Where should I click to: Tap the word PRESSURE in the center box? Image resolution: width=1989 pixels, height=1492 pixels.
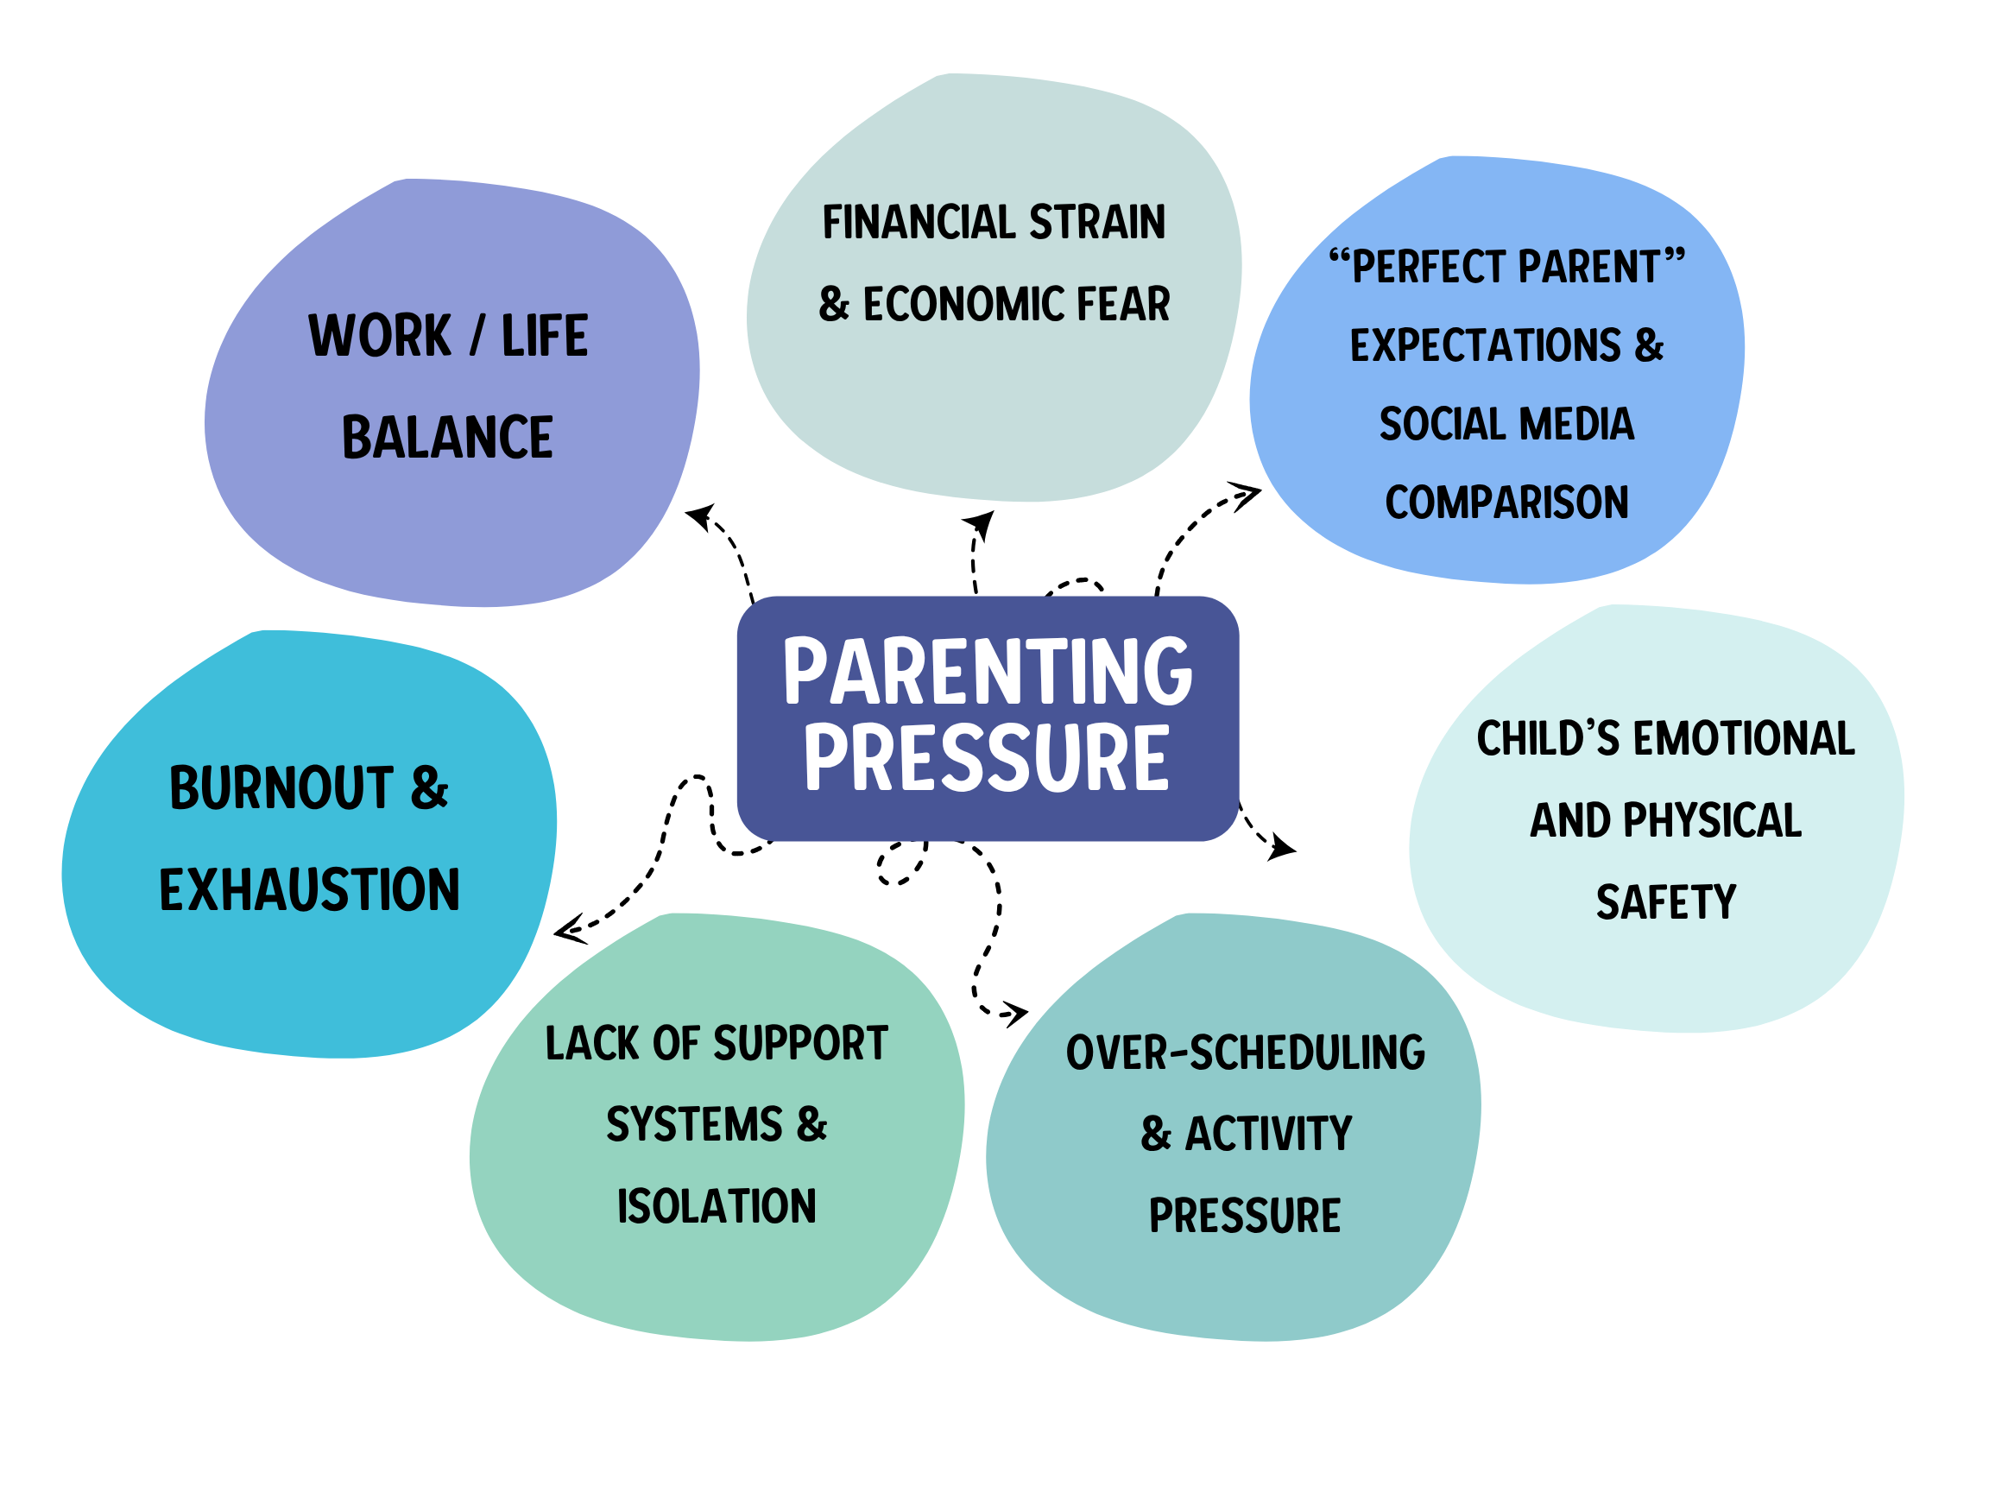click(x=988, y=757)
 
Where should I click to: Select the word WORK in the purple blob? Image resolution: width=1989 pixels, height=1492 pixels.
click(x=380, y=336)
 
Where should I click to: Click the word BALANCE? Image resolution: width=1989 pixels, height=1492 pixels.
click(x=447, y=437)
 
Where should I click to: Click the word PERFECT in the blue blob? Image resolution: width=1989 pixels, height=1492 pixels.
click(x=1429, y=267)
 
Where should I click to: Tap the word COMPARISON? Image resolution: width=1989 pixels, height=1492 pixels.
click(x=1506, y=502)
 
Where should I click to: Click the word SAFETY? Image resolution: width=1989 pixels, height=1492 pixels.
click(x=1665, y=902)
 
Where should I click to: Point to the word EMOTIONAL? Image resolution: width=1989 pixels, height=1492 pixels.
click(x=1744, y=738)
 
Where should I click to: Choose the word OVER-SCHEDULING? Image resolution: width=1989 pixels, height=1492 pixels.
click(x=1246, y=1053)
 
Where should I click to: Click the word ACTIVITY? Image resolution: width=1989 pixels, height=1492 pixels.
click(x=1268, y=1133)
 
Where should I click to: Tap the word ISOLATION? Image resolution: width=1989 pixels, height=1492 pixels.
click(x=717, y=1206)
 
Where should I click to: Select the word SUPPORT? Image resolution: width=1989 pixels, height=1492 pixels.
click(x=800, y=1043)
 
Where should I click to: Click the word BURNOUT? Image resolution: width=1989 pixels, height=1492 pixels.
click(x=281, y=787)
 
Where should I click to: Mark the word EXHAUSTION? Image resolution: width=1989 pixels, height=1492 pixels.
click(x=309, y=889)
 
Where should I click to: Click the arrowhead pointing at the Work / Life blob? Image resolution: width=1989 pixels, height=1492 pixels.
click(x=699, y=515)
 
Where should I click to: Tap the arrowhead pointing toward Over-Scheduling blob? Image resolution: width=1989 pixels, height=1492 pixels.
click(x=1016, y=1014)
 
